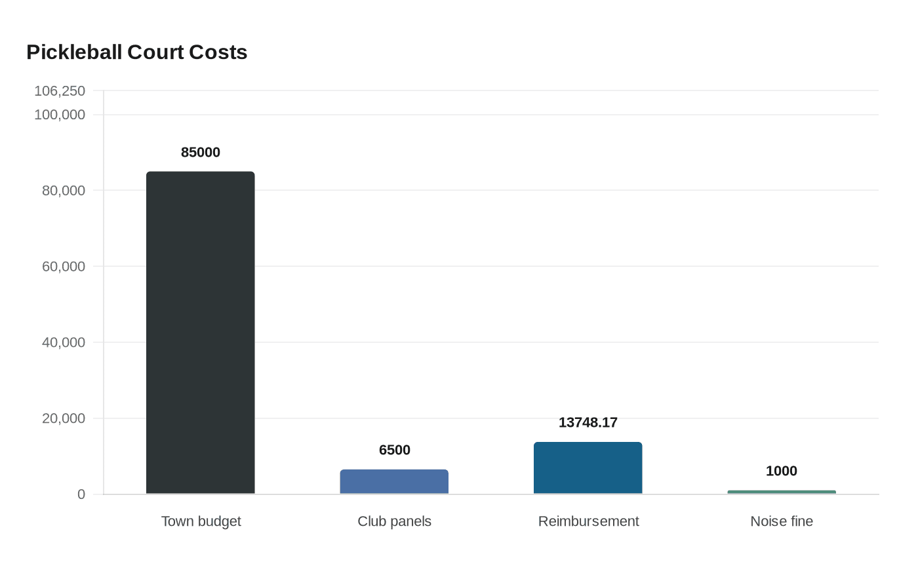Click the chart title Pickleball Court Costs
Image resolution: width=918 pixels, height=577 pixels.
[x=136, y=52]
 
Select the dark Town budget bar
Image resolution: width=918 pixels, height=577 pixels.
[x=200, y=332]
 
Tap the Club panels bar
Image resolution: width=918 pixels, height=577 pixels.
[x=394, y=482]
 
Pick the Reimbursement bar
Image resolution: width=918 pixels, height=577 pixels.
[x=588, y=468]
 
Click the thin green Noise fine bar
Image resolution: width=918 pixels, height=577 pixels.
[x=782, y=492]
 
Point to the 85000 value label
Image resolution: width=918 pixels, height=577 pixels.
[x=200, y=152]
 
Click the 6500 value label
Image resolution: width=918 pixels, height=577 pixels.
[x=394, y=450]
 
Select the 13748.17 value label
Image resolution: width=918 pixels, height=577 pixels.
[x=588, y=422]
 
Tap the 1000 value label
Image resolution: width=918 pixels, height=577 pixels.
[x=782, y=471]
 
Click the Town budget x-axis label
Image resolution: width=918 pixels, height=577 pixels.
[x=201, y=521]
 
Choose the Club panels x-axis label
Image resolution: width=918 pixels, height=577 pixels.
[x=394, y=521]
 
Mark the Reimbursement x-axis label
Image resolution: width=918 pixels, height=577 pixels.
[x=588, y=521]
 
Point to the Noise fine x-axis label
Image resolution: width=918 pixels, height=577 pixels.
[x=782, y=521]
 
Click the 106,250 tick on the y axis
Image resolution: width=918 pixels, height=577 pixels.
[x=60, y=91]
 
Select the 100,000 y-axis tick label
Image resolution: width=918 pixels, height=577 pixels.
[x=60, y=115]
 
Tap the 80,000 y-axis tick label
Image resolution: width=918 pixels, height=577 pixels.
[x=64, y=191]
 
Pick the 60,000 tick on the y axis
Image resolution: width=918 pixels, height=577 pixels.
[x=64, y=266]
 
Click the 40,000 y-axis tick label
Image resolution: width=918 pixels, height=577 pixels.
[x=64, y=342]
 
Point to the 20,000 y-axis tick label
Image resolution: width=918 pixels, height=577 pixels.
[x=64, y=418]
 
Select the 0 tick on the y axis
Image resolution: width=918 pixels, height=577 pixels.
[x=81, y=494]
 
